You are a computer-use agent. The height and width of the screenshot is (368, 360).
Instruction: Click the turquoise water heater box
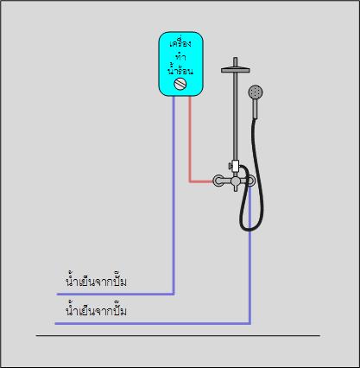[181, 64]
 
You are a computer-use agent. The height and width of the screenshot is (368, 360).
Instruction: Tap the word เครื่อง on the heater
[180, 43]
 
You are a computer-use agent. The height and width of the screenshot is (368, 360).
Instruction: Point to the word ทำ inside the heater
[180, 57]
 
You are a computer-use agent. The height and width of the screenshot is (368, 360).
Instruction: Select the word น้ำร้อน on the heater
[180, 70]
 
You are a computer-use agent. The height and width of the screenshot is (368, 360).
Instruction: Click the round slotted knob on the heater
[180, 84]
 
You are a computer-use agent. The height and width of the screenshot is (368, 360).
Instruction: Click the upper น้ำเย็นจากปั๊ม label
[96, 282]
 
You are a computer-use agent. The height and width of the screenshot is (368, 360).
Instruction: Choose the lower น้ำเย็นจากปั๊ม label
[96, 311]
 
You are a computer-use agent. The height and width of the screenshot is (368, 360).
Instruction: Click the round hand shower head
[256, 92]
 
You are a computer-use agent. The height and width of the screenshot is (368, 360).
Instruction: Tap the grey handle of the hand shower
[255, 109]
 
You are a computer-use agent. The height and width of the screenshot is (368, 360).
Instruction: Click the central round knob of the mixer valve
[236, 181]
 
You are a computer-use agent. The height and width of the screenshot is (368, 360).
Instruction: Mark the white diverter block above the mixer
[236, 166]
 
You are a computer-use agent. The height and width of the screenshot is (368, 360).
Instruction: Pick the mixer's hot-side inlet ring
[217, 181]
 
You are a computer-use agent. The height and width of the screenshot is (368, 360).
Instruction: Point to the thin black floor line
[178, 335]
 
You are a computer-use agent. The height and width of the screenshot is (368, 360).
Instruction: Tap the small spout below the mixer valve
[236, 188]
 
